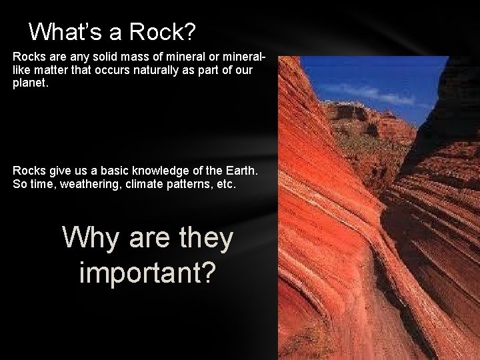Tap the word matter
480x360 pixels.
[x=55, y=71]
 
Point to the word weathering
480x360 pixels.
[x=87, y=183]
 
